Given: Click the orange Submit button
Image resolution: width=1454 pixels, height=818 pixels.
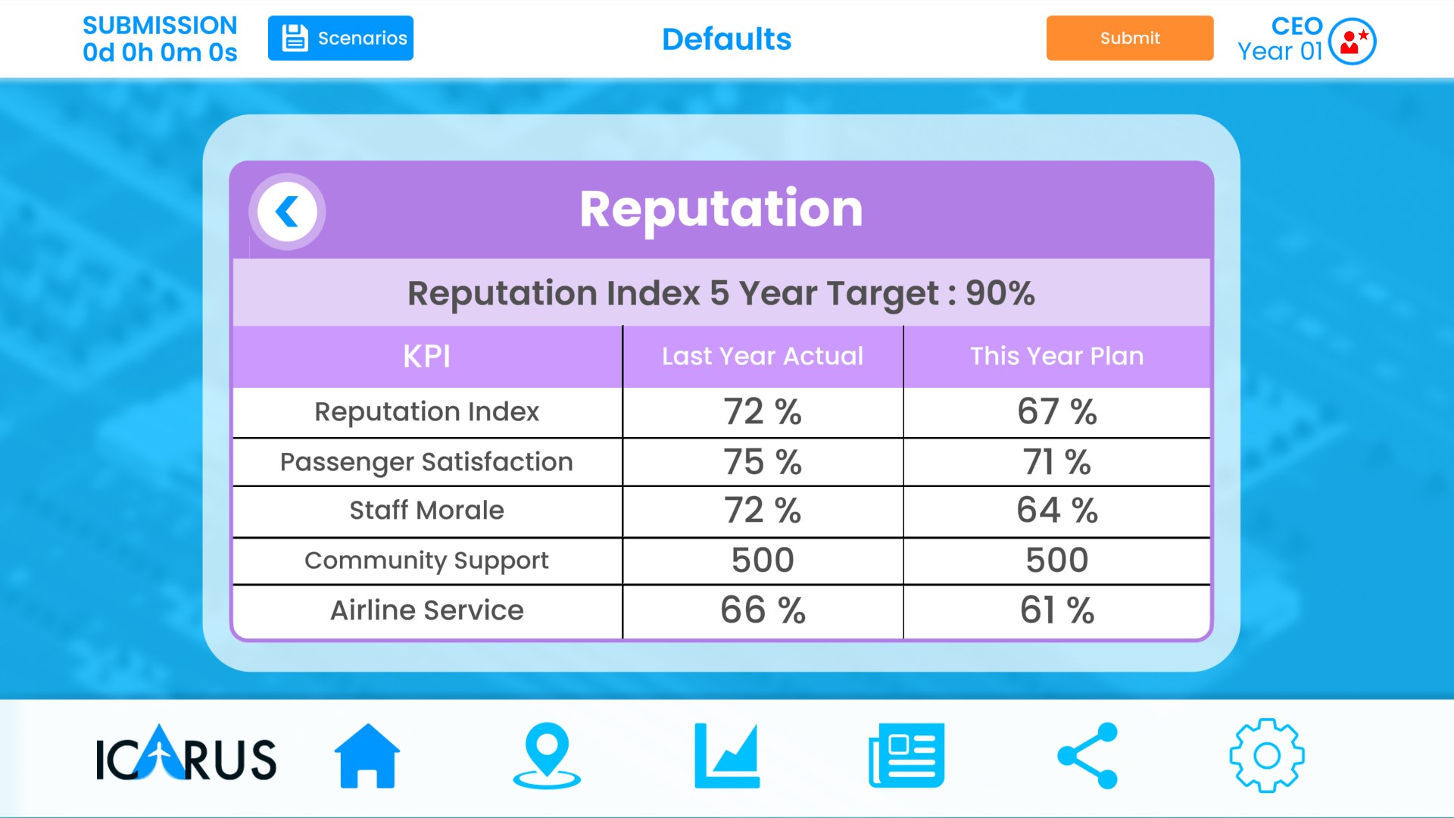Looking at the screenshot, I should (1129, 38).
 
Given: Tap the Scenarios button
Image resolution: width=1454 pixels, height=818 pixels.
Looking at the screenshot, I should (341, 38).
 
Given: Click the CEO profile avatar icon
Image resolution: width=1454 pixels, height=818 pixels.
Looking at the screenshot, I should (1353, 41).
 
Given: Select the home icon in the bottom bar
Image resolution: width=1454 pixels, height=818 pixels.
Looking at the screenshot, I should (367, 756).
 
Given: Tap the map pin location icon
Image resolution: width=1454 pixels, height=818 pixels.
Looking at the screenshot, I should (547, 756).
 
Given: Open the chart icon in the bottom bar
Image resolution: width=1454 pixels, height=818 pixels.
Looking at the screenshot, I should (727, 756).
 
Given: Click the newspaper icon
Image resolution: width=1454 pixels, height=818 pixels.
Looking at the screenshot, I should (906, 756).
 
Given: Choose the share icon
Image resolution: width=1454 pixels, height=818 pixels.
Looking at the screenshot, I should (1087, 756).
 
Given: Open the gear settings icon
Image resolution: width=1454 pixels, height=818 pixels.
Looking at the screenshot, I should (1266, 756).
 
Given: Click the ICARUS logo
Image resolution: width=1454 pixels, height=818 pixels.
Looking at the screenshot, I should (186, 756).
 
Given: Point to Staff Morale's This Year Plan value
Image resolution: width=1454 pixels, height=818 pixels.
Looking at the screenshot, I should (1057, 510).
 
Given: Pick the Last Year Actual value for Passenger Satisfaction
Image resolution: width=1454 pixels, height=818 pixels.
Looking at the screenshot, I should (763, 462).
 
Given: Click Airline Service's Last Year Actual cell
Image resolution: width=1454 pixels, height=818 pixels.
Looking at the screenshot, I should (763, 610).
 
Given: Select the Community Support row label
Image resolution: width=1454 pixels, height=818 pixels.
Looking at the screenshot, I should (426, 560).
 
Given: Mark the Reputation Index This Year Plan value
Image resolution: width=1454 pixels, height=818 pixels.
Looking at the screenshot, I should (1057, 412).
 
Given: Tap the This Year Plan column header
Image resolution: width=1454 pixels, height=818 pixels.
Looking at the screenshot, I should (1057, 356).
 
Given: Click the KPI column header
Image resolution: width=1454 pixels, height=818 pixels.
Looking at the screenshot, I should (426, 356).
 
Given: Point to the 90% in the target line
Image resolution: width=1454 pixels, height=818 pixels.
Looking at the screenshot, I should (1000, 293).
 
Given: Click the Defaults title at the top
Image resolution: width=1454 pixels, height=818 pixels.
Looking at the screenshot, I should (726, 39).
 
